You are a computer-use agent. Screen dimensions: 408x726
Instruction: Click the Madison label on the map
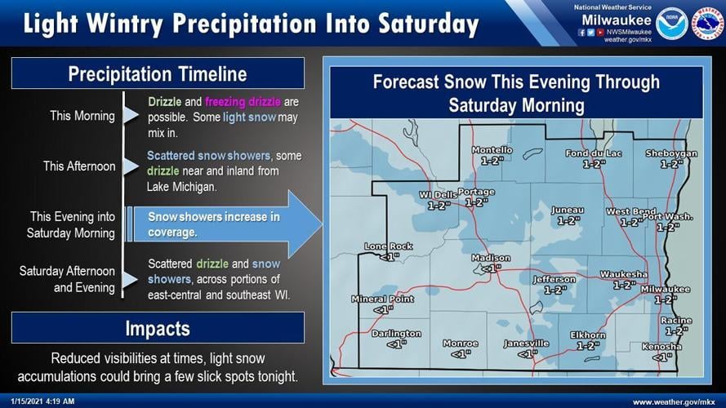pyautogui.click(x=491, y=259)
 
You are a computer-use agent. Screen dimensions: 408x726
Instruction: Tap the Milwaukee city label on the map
pyautogui.click(x=665, y=290)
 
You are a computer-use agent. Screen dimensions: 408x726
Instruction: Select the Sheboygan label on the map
pyautogui.click(x=671, y=153)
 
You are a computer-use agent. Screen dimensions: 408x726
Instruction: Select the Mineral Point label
pyautogui.click(x=382, y=299)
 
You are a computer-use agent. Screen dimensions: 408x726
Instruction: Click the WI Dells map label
pyautogui.click(x=439, y=195)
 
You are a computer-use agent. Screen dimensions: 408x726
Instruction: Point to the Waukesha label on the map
pyautogui.click(x=623, y=274)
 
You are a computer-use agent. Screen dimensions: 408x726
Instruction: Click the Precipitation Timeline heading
pyautogui.click(x=158, y=74)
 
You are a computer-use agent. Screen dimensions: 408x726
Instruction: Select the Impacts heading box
pyautogui.click(x=158, y=329)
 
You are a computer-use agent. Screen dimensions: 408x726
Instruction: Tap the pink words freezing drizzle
pyautogui.click(x=243, y=102)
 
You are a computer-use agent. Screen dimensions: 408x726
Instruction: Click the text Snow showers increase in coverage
pyautogui.click(x=213, y=224)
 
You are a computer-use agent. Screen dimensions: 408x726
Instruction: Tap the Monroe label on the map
pyautogui.click(x=460, y=344)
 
